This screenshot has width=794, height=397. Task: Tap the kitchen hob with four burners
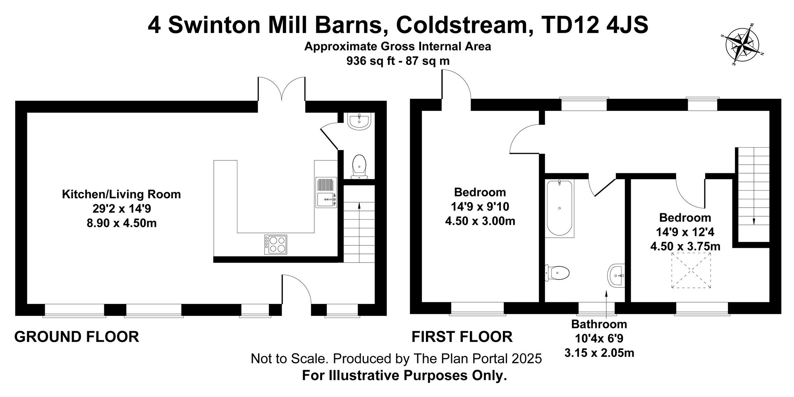(x=276, y=244)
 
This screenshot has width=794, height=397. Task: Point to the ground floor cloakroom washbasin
(x=359, y=121)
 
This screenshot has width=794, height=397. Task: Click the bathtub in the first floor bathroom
(x=560, y=208)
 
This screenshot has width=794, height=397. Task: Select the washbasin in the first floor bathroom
(x=616, y=275)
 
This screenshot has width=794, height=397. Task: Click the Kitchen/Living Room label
(x=121, y=194)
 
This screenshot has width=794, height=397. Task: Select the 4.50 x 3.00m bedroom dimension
(x=480, y=221)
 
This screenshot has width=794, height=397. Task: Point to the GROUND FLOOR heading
(x=77, y=337)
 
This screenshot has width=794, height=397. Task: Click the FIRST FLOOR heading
(x=462, y=337)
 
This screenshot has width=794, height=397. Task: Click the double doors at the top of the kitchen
(x=282, y=89)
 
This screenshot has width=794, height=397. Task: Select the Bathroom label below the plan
(x=599, y=324)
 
